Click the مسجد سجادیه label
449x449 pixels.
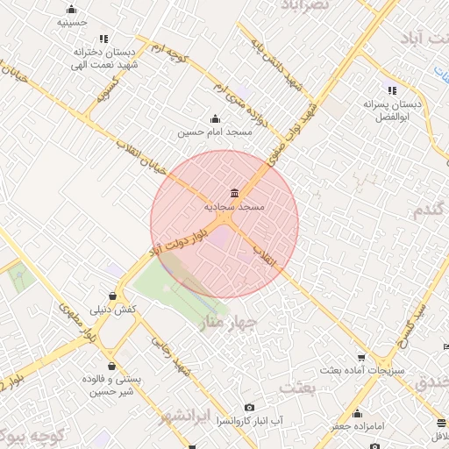coord(234,207)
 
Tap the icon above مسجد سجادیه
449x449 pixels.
coord(233,193)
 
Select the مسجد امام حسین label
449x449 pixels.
coord(216,132)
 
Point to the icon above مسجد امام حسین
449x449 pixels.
coord(216,119)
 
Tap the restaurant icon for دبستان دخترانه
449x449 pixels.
coord(104,39)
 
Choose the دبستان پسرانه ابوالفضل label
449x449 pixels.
coord(392,110)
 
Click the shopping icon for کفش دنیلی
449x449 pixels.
coord(113,296)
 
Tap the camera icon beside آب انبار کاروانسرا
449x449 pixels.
coord(250,408)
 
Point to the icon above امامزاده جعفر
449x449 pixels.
coord(357,414)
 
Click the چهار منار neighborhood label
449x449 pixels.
coord(227,324)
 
